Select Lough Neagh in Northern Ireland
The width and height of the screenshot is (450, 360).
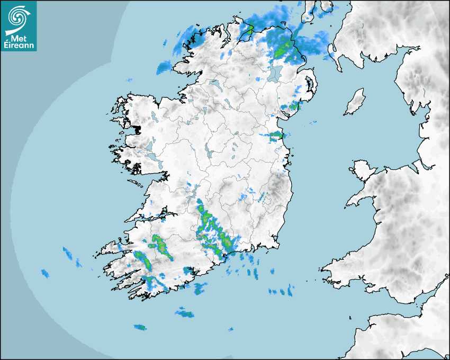[274, 73]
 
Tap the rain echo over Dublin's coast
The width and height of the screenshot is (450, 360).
[276, 136]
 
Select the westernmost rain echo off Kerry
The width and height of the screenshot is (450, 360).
[45, 273]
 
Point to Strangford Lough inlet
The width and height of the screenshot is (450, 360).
[308, 84]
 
